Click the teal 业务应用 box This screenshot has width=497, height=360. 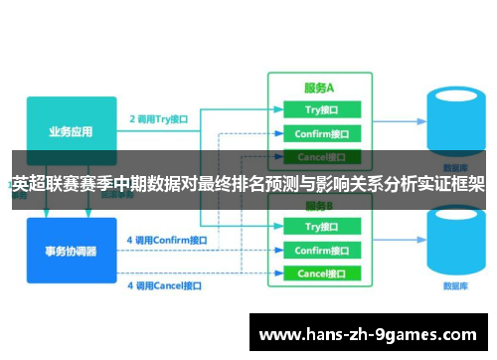pos(71,124)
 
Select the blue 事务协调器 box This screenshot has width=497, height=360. pos(71,249)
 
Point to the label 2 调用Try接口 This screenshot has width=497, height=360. pos(159,118)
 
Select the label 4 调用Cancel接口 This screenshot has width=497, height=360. pos(164,285)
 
